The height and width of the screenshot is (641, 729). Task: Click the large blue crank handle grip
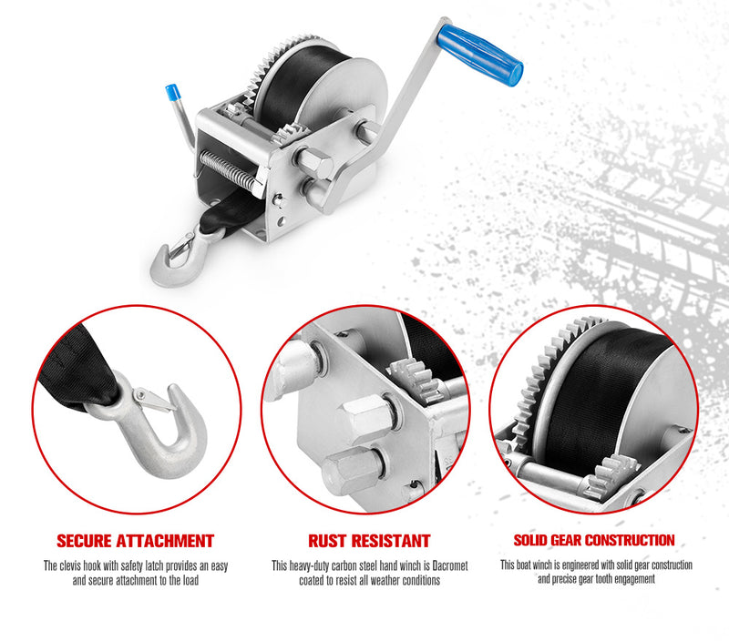[x=480, y=54]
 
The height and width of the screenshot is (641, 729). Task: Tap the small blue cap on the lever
[x=170, y=94]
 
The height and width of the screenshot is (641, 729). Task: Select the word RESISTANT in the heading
[x=390, y=542]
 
